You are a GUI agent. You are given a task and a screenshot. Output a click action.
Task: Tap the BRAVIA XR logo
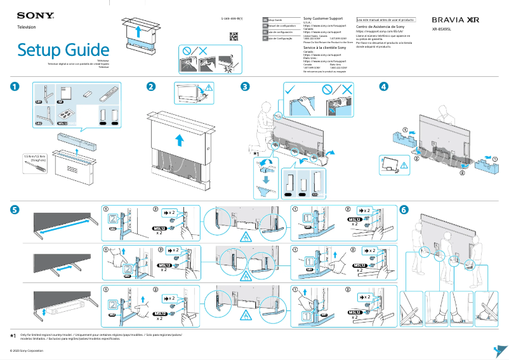(455, 20)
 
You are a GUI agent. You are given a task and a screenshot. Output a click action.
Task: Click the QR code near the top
(233, 36)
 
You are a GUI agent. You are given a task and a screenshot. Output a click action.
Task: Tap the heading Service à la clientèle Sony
(324, 48)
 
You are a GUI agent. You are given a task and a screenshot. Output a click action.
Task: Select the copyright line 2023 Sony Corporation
(27, 350)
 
